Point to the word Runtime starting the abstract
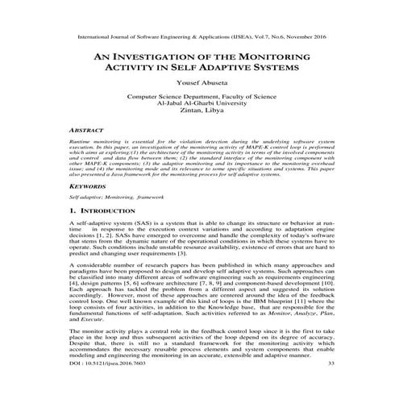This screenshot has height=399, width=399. tap(83, 139)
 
